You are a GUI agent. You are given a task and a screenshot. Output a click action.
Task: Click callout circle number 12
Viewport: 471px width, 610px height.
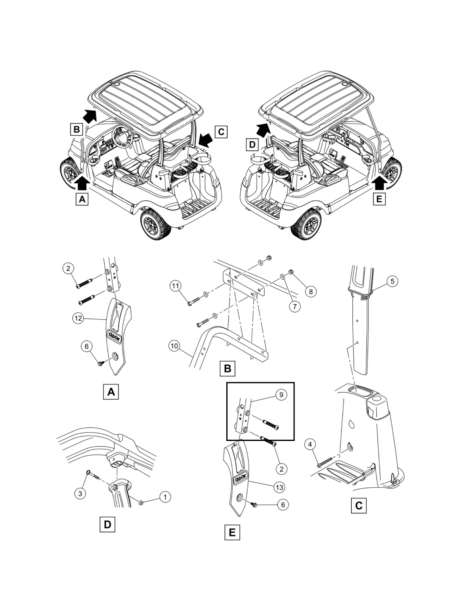[78, 318]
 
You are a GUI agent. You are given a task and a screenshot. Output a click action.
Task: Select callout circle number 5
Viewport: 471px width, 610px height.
[392, 281]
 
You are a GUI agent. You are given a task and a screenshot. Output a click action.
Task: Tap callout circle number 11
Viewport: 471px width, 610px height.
[176, 286]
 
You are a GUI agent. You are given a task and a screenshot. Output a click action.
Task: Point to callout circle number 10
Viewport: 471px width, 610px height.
[175, 346]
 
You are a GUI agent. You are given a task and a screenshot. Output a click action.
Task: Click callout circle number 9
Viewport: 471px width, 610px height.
[281, 395]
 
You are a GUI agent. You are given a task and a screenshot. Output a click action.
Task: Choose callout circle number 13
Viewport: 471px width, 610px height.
[279, 487]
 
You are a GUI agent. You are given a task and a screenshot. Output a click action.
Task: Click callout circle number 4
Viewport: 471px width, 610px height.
[310, 444]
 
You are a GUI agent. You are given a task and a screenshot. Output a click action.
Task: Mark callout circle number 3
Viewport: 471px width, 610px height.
[80, 493]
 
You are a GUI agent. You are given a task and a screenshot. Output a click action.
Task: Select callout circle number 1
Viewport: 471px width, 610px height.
[165, 497]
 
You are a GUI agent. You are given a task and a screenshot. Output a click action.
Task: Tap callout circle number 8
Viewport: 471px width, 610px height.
[311, 292]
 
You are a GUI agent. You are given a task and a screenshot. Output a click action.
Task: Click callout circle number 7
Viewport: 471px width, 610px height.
[295, 306]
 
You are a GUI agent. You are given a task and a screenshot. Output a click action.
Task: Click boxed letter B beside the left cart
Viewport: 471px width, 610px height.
[76, 130]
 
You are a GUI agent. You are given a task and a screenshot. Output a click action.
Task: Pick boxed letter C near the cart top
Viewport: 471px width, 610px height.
[221, 132]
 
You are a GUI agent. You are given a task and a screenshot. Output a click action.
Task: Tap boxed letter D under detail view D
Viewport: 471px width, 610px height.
[107, 525]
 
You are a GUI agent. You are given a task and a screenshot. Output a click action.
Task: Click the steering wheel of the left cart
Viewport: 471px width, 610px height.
[120, 136]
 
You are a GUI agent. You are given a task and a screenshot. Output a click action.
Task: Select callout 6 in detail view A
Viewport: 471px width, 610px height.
[87, 346]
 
